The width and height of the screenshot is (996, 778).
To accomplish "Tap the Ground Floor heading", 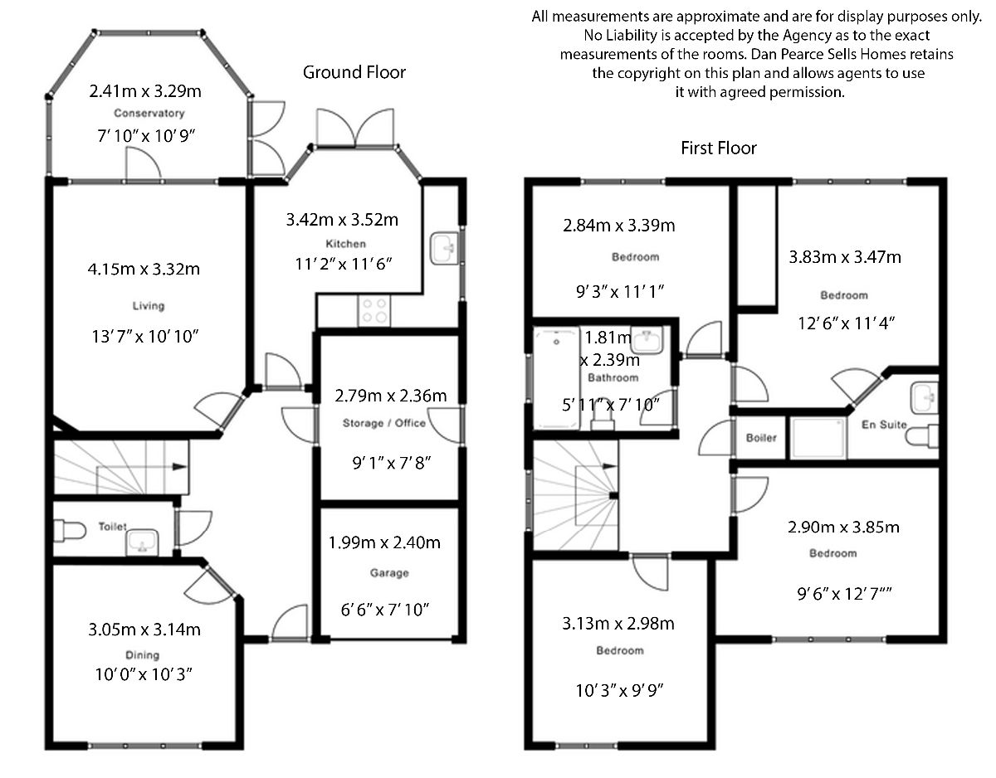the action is point(354,72).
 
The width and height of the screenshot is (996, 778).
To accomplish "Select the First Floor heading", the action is point(719,148).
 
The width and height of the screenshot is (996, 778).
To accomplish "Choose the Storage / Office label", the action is point(384,423).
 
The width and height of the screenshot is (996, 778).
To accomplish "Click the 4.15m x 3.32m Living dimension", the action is point(144,268).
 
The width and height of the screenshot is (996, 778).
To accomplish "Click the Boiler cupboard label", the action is point(760,437).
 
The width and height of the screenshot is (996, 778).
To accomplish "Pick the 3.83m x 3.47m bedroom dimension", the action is point(844,257).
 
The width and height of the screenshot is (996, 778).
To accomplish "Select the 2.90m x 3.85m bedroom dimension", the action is point(843,528).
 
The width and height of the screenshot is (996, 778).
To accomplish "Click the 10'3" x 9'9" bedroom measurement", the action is point(619,688).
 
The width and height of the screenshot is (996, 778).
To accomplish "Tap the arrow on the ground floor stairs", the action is point(178,467).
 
